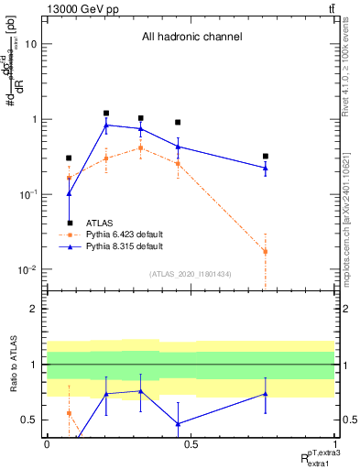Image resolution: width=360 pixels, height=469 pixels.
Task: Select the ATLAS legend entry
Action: pyautogui.click(x=100, y=223)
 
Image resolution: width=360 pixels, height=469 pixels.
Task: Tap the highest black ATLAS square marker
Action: pyautogui.click(x=106, y=114)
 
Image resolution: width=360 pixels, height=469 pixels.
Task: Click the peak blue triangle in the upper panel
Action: pyautogui.click(x=106, y=125)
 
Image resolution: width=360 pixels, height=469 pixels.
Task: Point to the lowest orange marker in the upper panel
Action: pyautogui.click(x=265, y=251)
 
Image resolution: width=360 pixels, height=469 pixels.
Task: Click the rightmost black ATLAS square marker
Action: pyautogui.click(x=265, y=157)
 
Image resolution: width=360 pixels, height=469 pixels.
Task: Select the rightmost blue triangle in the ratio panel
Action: pyautogui.click(x=265, y=394)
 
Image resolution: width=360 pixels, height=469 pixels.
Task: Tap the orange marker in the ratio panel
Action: pyautogui.click(x=70, y=413)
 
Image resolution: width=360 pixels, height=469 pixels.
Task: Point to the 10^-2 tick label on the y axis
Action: pyautogui.click(x=27, y=270)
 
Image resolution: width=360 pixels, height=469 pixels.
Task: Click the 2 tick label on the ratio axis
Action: pyautogui.click(x=34, y=309)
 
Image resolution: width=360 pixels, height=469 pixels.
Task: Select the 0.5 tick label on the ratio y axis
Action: pyautogui.click(x=29, y=420)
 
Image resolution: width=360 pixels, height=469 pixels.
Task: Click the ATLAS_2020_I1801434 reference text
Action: pyautogui.click(x=191, y=273)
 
